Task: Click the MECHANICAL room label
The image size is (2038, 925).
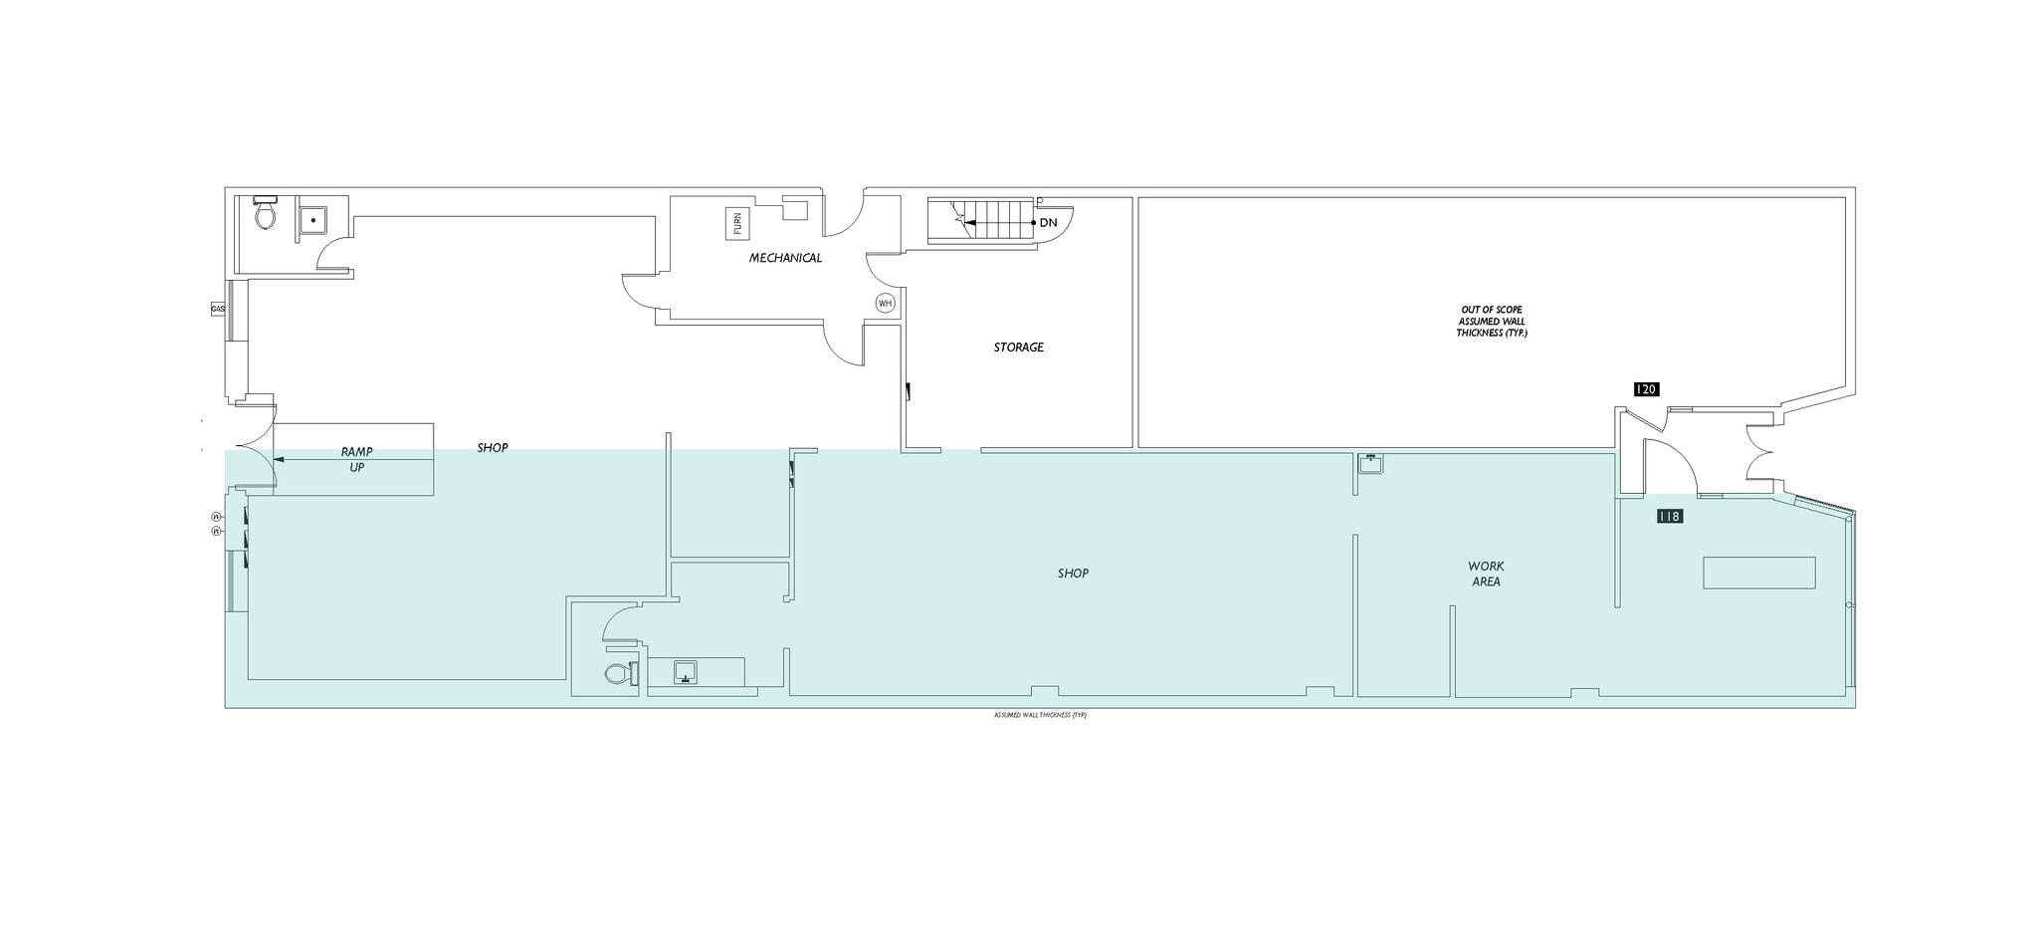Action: pyautogui.click(x=785, y=258)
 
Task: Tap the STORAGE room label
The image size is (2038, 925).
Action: pyautogui.click(x=1018, y=347)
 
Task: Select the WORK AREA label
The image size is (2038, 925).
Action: pyautogui.click(x=1486, y=574)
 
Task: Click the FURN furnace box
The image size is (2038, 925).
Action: pyautogui.click(x=737, y=225)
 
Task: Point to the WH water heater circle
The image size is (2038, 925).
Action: pyautogui.click(x=885, y=303)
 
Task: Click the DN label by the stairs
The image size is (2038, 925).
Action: pyautogui.click(x=1048, y=223)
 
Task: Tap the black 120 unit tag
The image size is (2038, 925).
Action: pyautogui.click(x=1646, y=389)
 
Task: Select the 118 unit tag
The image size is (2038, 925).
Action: pyautogui.click(x=1669, y=516)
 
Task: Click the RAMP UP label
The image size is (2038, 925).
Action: pyautogui.click(x=356, y=459)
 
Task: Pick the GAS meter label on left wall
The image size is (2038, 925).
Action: pyautogui.click(x=218, y=310)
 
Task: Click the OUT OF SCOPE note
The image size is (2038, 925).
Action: pyautogui.click(x=1491, y=322)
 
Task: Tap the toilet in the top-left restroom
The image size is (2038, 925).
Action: pyautogui.click(x=265, y=213)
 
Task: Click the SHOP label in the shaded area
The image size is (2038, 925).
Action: pyautogui.click(x=1073, y=574)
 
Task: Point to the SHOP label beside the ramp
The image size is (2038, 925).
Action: pyautogui.click(x=492, y=448)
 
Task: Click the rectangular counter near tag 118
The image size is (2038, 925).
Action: pyautogui.click(x=1758, y=573)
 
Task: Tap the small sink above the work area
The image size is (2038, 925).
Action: pyautogui.click(x=1371, y=463)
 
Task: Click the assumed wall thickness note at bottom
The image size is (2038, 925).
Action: pyautogui.click(x=1040, y=715)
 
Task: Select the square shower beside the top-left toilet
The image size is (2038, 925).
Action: pyautogui.click(x=312, y=220)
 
